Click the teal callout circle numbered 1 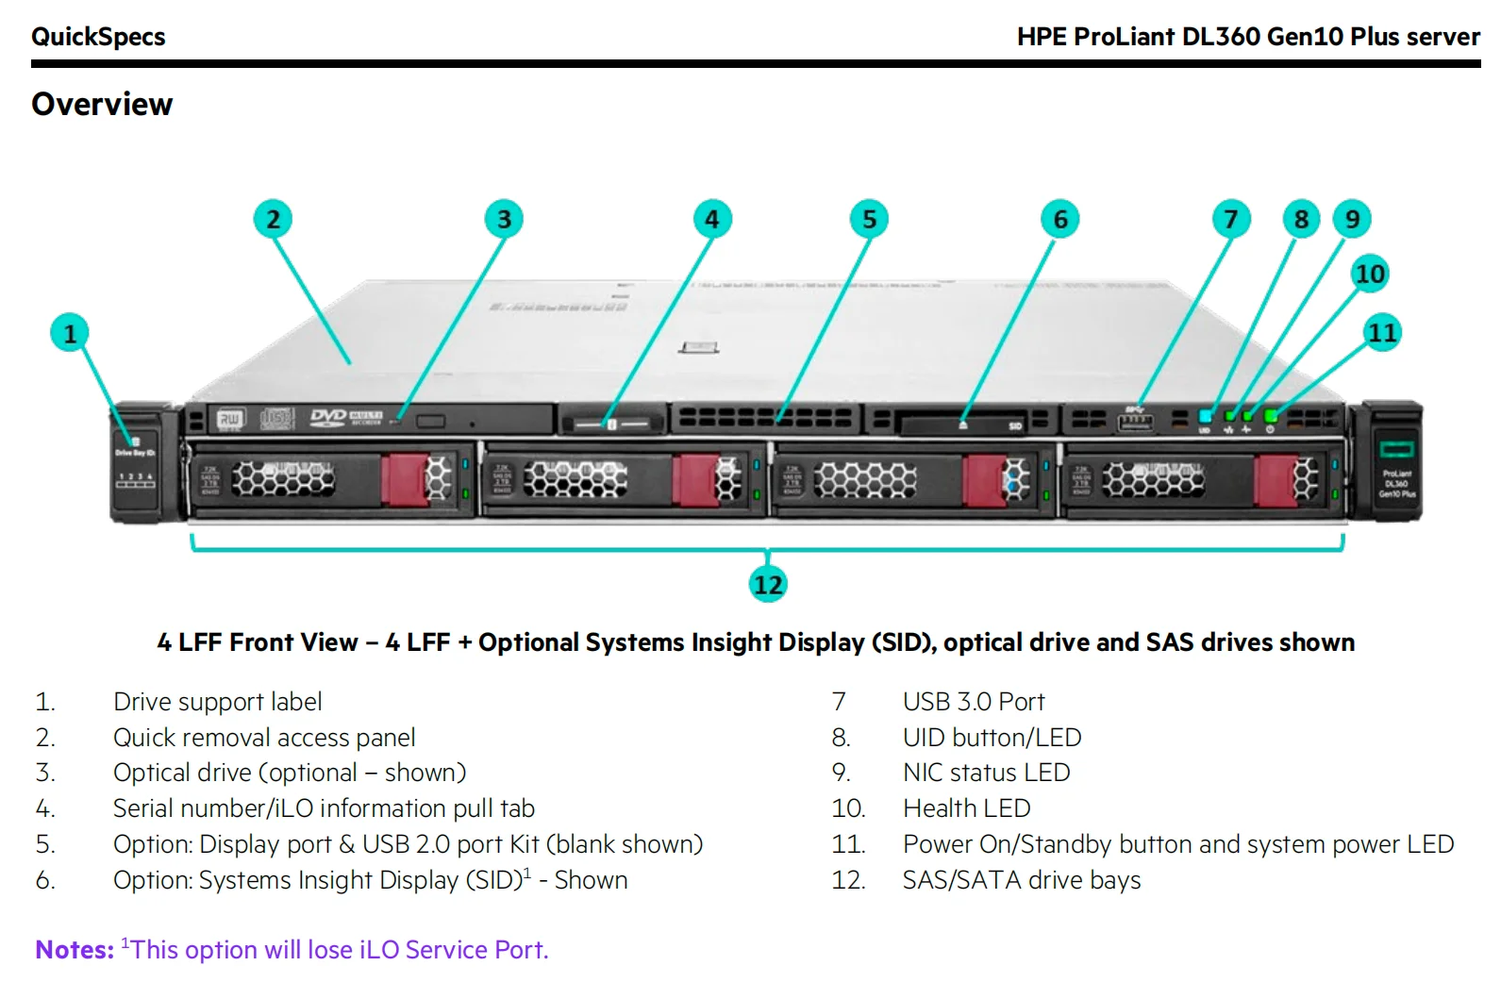pyautogui.click(x=70, y=334)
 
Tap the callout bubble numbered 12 pyautogui.click(x=768, y=585)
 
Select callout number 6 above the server pyautogui.click(x=1060, y=220)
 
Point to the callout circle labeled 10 pyautogui.click(x=1370, y=275)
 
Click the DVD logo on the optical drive pyautogui.click(x=328, y=417)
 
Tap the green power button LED pyautogui.click(x=1271, y=416)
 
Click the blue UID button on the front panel pyautogui.click(x=1205, y=416)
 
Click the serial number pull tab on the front pyautogui.click(x=611, y=424)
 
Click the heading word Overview pyautogui.click(x=102, y=105)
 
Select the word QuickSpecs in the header pyautogui.click(x=98, y=37)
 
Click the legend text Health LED pyautogui.click(x=966, y=808)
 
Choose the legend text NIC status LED pyautogui.click(x=986, y=773)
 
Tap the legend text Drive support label pyautogui.click(x=217, y=702)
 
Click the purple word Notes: pyautogui.click(x=75, y=950)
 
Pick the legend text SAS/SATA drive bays pyautogui.click(x=1021, y=880)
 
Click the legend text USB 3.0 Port pyautogui.click(x=973, y=702)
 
